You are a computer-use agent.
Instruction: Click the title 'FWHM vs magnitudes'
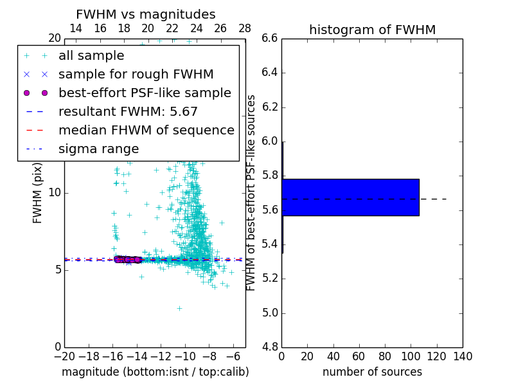(145, 14)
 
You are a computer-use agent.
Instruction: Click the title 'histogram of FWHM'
(372, 30)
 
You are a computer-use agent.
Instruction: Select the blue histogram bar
(350, 197)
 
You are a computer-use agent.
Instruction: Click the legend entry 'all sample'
(91, 56)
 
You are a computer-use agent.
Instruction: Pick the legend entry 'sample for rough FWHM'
(136, 75)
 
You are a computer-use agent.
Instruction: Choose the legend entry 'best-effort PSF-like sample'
(145, 93)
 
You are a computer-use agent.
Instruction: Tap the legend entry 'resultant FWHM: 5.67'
(128, 111)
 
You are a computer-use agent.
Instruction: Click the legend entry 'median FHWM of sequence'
(146, 130)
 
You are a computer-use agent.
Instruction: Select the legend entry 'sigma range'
(98, 149)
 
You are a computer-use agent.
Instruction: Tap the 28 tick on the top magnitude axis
(245, 28)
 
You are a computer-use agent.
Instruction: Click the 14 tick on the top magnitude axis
(75, 28)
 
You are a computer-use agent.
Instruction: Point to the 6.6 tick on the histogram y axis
(269, 39)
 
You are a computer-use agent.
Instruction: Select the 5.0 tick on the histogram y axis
(269, 313)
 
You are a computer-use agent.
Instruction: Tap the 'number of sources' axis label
(372, 372)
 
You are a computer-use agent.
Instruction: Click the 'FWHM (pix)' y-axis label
(38, 193)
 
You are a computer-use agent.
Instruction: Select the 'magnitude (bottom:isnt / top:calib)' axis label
(155, 372)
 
